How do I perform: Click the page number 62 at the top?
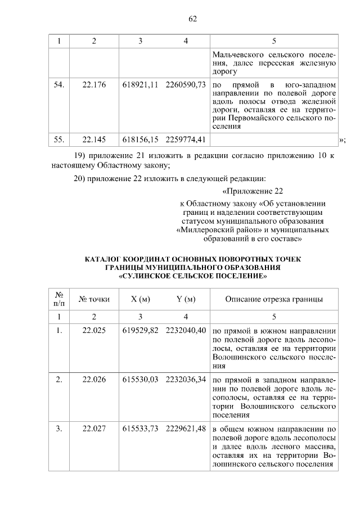(x=192, y=19)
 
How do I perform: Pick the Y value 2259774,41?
(x=186, y=139)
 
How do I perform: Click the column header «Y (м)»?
(x=186, y=299)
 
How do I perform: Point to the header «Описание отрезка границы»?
(x=274, y=299)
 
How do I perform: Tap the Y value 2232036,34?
(x=186, y=380)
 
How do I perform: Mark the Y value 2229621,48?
(x=186, y=429)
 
